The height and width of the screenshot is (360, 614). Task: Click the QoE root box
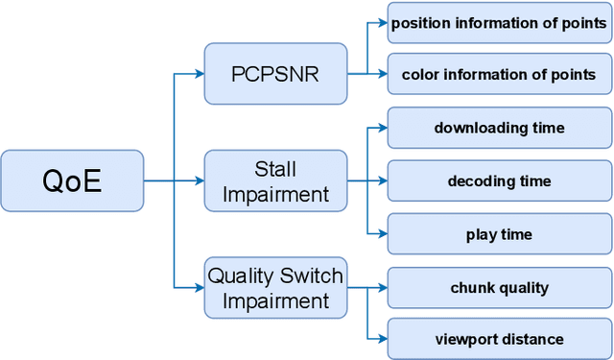[x=72, y=180]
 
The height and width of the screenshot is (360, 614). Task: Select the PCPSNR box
[x=275, y=73]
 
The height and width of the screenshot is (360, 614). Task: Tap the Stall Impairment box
[x=275, y=180]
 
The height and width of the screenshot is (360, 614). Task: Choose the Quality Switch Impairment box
[x=275, y=287]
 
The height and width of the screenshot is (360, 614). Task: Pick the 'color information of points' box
[x=499, y=74]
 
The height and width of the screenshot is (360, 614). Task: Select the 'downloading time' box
[x=499, y=128]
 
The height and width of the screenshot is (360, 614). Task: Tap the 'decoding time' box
[x=499, y=180]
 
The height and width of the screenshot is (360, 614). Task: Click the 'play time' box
[x=499, y=233]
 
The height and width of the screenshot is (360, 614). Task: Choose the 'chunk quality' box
[x=499, y=287]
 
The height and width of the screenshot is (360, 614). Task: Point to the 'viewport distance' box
[x=499, y=339]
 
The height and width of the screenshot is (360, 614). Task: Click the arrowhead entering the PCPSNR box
[x=199, y=73]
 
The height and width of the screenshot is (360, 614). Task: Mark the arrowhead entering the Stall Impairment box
[x=199, y=180]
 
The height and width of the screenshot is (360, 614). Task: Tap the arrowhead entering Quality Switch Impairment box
[x=199, y=287]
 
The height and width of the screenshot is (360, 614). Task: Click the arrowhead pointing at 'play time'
[x=382, y=233]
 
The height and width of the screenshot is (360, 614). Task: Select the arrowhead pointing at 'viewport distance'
[x=382, y=339]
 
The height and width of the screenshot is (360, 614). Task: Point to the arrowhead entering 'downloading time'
[x=382, y=128]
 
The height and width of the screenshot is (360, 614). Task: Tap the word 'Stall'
[x=275, y=170]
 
